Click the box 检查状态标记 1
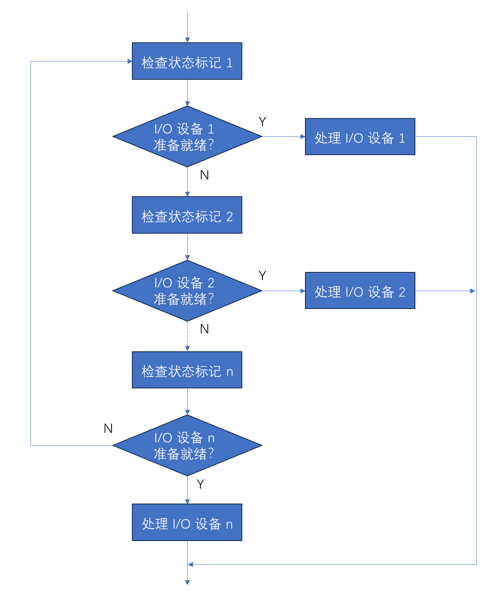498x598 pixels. (187, 61)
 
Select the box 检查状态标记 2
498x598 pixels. (187, 215)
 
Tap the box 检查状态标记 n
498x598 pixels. (187, 370)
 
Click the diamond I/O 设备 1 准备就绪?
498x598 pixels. (187, 137)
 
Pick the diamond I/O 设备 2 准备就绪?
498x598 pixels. (187, 291)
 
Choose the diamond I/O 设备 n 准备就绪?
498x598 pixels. (187, 445)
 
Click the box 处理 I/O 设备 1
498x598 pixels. (360, 137)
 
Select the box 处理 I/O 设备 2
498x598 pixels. (360, 291)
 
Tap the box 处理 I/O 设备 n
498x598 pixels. (187, 522)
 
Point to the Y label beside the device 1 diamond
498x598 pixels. (262, 122)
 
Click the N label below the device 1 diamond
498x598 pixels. (204, 175)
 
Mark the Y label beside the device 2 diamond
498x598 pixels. (262, 276)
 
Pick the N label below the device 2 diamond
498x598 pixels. (204, 329)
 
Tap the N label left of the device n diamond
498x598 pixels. (108, 428)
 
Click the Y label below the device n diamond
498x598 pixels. (200, 484)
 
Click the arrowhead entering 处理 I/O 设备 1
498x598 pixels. (303, 137)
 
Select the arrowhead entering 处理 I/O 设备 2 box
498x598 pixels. (303, 291)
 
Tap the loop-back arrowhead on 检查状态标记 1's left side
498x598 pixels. (129, 61)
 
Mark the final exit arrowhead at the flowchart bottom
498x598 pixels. (187, 583)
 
